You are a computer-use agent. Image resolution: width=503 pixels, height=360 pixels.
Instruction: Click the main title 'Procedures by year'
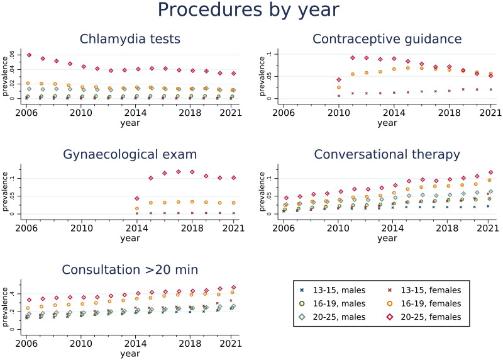[248, 9]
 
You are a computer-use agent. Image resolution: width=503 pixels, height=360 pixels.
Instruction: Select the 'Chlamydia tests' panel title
[130, 39]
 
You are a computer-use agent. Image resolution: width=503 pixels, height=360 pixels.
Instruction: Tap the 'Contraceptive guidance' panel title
[387, 39]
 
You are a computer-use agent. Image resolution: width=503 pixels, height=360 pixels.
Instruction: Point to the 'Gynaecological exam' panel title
[130, 154]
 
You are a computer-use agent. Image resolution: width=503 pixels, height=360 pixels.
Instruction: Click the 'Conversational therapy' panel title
[387, 154]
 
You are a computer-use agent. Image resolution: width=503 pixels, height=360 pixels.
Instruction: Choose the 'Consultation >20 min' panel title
[130, 269]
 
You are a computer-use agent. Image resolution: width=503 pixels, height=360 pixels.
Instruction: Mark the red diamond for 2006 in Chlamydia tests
[29, 55]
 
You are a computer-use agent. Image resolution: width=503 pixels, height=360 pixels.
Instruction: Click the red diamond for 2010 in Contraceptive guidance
[339, 80]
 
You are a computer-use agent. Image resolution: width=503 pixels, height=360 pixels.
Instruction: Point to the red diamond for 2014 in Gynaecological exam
[137, 198]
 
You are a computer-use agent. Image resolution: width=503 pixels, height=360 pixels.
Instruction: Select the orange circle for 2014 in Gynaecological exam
[137, 208]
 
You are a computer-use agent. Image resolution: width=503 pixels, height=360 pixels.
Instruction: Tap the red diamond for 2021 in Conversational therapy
[490, 172]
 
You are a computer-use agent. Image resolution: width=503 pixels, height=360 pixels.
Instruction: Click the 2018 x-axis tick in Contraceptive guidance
[449, 113]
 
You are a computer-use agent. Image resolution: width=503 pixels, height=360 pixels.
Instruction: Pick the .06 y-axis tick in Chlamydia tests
[12, 55]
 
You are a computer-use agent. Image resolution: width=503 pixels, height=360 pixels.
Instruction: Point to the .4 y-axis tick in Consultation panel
[12, 293]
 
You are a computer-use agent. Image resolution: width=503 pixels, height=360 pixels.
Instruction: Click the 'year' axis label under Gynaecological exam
[130, 239]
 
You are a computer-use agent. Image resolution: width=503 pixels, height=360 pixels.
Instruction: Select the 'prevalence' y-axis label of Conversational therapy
[262, 192]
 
